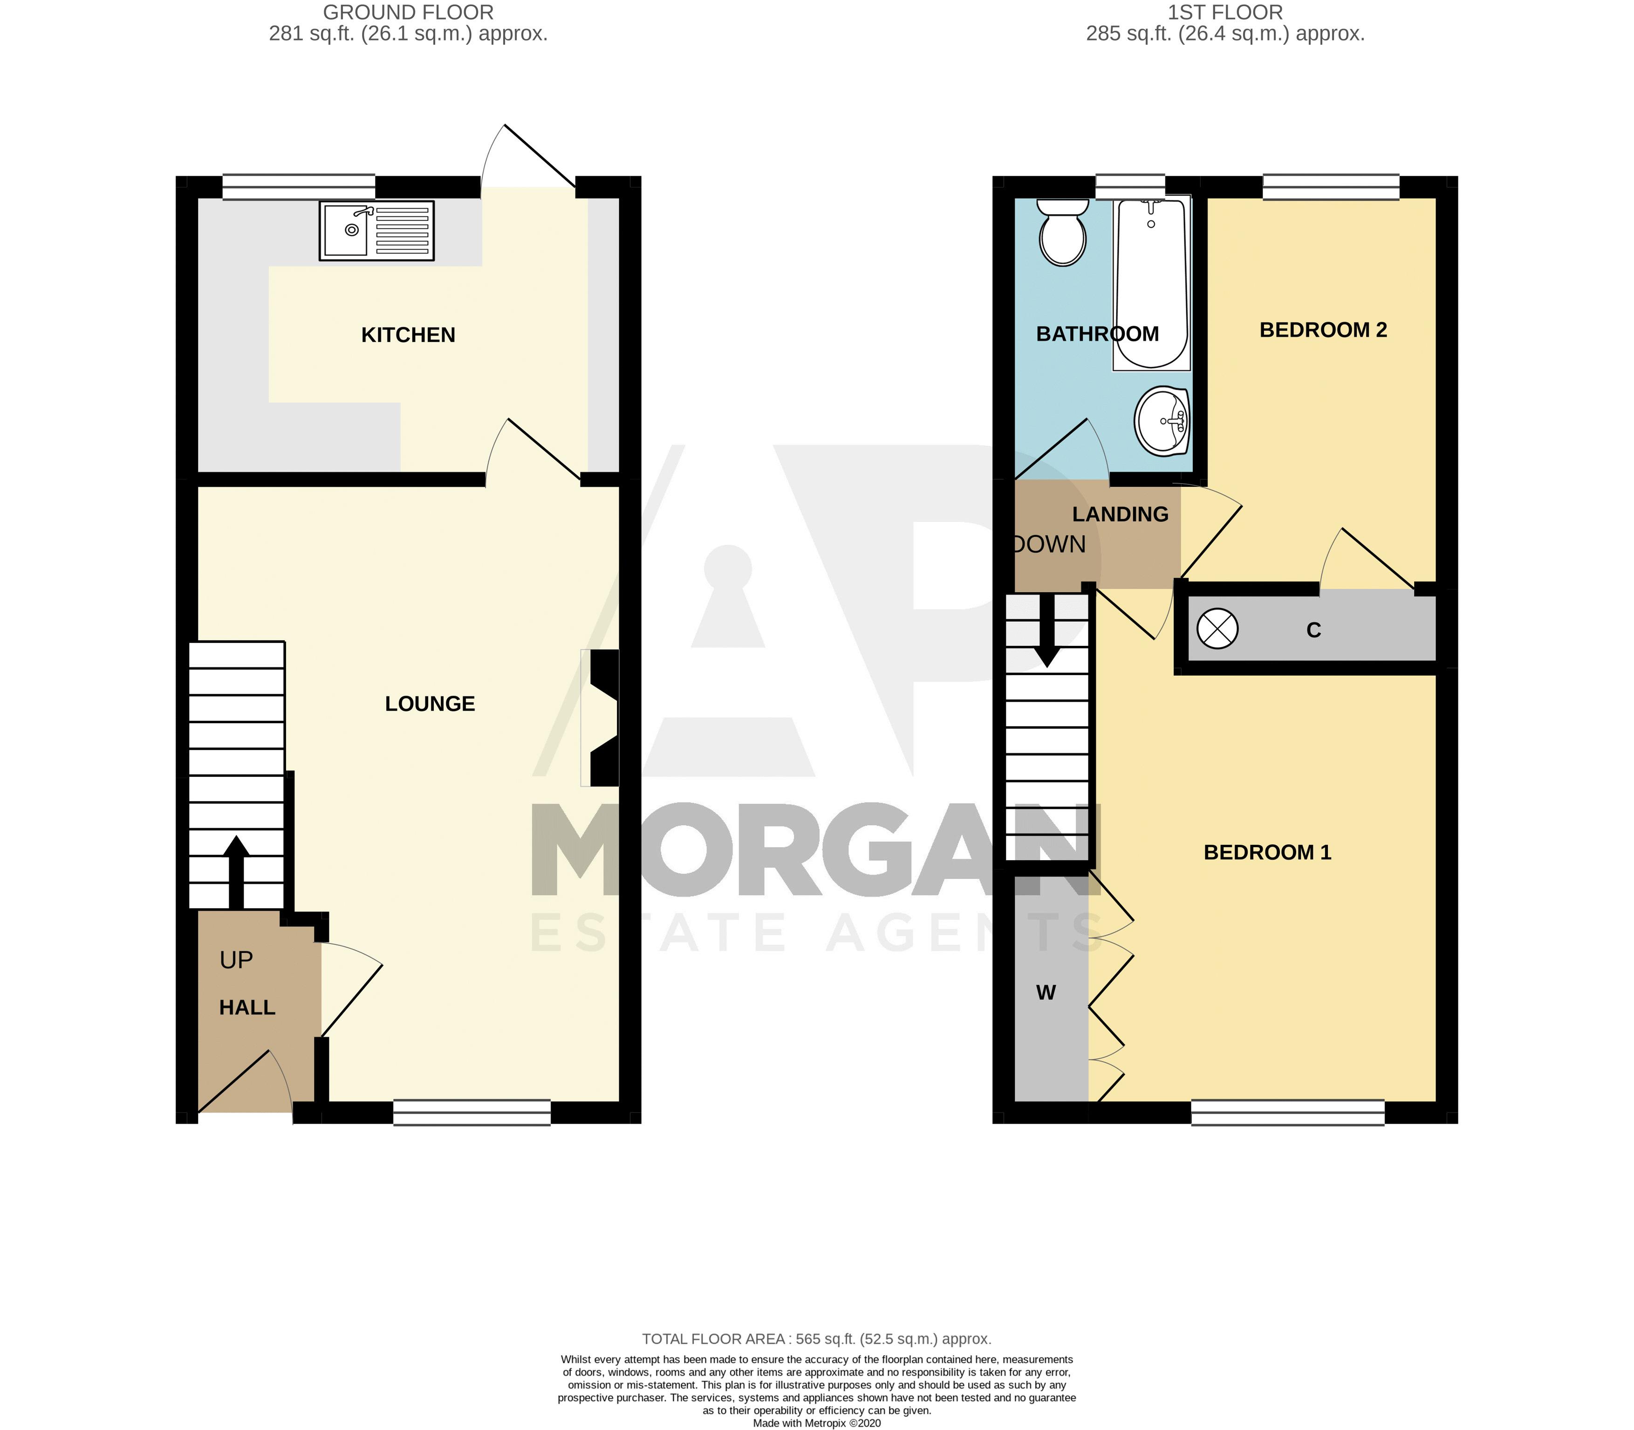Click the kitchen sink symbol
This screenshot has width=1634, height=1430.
pyautogui.click(x=376, y=231)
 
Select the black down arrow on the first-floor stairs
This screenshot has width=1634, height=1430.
pyautogui.click(x=1047, y=630)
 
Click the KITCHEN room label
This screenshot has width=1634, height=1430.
pyautogui.click(x=409, y=335)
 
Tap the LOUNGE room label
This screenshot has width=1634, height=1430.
pyautogui.click(x=430, y=704)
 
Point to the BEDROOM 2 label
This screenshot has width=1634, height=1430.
pyautogui.click(x=1323, y=330)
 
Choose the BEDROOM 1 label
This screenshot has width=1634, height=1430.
pyautogui.click(x=1267, y=852)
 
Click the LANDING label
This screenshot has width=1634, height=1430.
pyautogui.click(x=1120, y=515)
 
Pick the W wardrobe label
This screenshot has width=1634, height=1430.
pyautogui.click(x=1045, y=992)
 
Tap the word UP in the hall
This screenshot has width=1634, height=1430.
pyautogui.click(x=236, y=960)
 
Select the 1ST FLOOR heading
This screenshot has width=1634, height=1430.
pyautogui.click(x=1225, y=13)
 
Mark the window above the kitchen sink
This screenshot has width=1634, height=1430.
pyautogui.click(x=298, y=187)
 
